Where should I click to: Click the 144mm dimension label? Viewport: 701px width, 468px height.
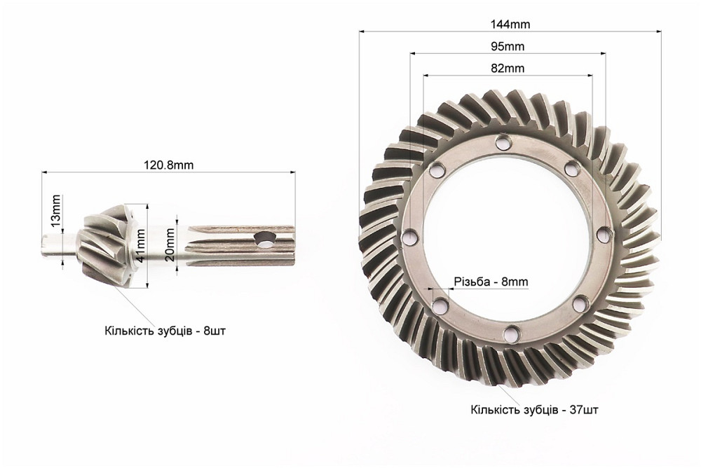pos(510,24)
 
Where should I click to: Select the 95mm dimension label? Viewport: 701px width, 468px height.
pos(508,46)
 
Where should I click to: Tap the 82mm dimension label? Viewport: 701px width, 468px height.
pos(508,69)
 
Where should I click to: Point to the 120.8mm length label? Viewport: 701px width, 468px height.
pos(168,165)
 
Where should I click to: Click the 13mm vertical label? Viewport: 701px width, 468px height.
pos(55,209)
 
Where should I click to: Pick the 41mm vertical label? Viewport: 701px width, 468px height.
pos(140,245)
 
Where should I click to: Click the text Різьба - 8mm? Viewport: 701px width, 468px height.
pos(491,282)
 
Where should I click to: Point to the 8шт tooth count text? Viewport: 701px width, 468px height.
pos(214,331)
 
